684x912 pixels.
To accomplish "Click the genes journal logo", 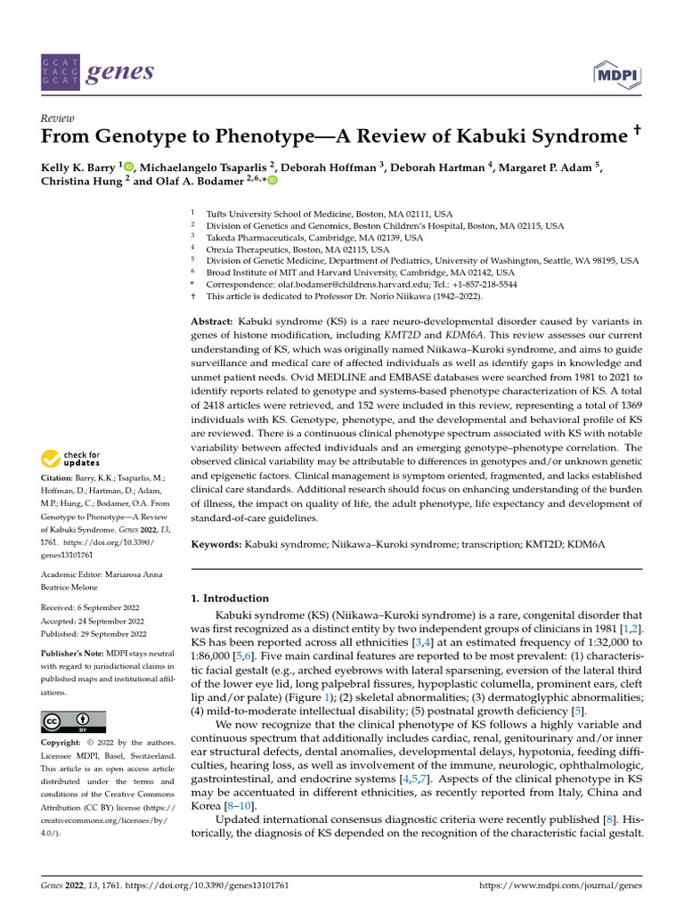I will click(x=97, y=71).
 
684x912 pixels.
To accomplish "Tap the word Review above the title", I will click(x=57, y=118).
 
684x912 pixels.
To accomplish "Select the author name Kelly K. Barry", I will click(x=78, y=167).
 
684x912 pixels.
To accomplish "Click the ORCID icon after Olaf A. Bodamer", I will click(x=272, y=181).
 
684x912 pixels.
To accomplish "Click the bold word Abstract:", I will click(x=212, y=320).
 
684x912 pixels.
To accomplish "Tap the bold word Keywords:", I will click(x=216, y=543).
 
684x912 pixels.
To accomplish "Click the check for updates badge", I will click(x=71, y=460).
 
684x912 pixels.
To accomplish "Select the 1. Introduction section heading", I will click(x=231, y=598).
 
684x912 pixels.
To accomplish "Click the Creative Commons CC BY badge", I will click(x=74, y=721).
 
